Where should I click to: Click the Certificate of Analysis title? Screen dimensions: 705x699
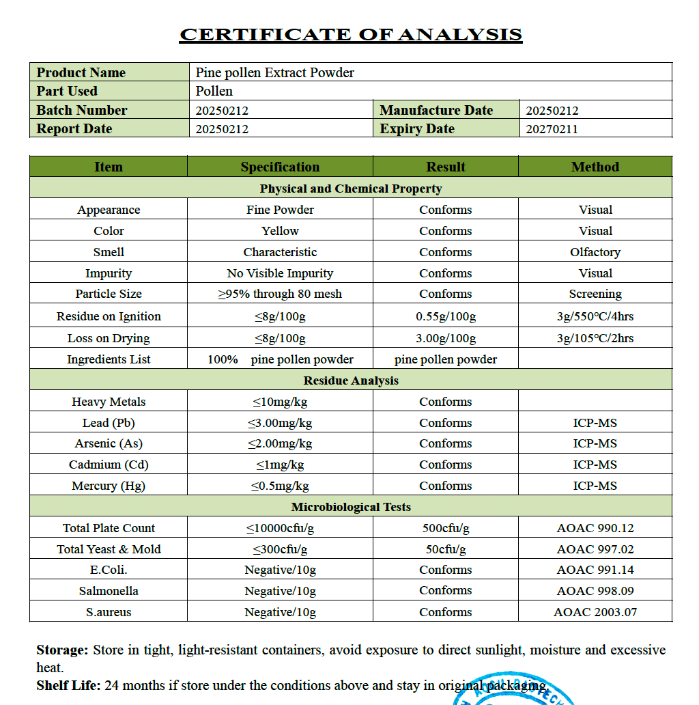click(x=351, y=34)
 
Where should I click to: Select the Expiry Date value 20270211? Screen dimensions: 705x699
click(x=552, y=129)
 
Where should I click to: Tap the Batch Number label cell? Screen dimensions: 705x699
click(x=82, y=110)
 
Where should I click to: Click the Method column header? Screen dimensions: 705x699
click(x=595, y=167)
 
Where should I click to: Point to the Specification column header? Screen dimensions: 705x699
click(x=280, y=167)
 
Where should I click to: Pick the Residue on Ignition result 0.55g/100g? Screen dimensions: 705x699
click(x=446, y=316)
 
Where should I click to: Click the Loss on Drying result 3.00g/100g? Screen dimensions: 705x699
click(x=446, y=338)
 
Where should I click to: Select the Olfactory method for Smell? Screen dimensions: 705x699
click(x=595, y=252)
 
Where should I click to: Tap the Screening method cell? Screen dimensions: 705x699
click(x=595, y=294)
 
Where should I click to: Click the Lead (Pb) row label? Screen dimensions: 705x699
click(x=109, y=423)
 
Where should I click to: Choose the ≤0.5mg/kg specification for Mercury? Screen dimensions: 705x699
click(x=280, y=486)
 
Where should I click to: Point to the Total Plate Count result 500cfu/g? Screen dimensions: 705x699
click(x=446, y=528)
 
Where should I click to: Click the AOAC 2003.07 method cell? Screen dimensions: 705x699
click(x=595, y=612)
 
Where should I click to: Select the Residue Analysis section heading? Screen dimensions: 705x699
click(x=351, y=381)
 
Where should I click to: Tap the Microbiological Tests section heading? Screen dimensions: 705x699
click(x=351, y=507)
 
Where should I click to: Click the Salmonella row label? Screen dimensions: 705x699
click(x=109, y=591)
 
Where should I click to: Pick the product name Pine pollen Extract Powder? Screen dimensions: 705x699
click(x=275, y=72)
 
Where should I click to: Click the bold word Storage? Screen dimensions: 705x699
click(x=62, y=650)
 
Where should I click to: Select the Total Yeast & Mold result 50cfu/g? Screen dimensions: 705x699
click(x=446, y=549)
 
